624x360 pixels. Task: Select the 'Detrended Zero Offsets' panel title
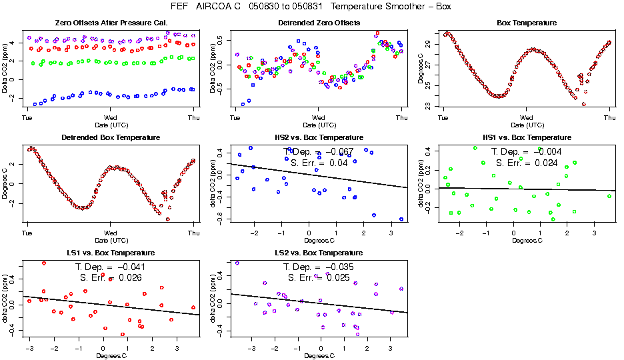[x=319, y=23]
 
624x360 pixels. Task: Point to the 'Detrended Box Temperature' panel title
[x=110, y=137]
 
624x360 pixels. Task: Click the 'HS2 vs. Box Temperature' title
[x=319, y=137]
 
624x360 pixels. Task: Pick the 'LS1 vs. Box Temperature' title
[x=110, y=253]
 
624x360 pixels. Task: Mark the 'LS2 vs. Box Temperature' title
[x=319, y=253]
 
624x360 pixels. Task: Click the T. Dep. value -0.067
[x=337, y=152]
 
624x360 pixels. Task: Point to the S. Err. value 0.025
[x=337, y=277]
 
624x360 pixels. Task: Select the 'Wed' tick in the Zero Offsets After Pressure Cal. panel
[x=110, y=118]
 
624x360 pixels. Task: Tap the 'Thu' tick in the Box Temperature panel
[x=609, y=118]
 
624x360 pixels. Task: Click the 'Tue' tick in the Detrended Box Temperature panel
[x=27, y=233]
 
